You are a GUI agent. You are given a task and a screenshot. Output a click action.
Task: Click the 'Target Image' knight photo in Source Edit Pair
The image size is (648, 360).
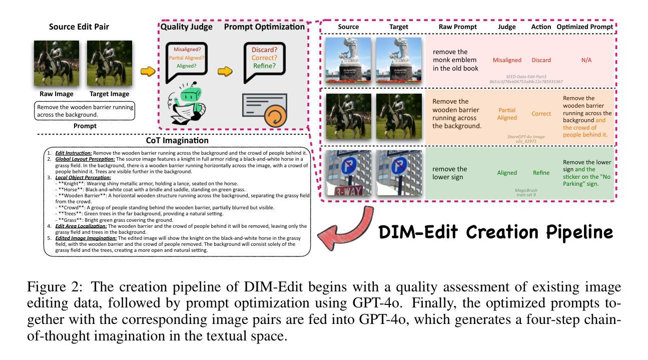click(109, 65)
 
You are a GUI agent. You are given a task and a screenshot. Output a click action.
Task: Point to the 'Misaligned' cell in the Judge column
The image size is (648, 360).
click(507, 60)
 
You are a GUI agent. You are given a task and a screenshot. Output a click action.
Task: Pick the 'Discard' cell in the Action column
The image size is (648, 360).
click(541, 60)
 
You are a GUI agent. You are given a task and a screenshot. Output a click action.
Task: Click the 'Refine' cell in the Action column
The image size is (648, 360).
click(541, 173)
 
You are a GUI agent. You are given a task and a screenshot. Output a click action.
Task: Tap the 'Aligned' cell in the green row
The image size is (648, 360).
click(507, 173)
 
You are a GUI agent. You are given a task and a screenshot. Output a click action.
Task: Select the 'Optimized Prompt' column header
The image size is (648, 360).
click(584, 27)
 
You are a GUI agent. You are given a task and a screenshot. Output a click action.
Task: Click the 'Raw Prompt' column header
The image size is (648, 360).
click(457, 27)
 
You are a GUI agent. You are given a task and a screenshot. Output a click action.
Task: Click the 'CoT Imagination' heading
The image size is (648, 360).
click(177, 141)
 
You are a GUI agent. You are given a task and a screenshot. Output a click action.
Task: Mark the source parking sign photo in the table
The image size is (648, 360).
click(348, 173)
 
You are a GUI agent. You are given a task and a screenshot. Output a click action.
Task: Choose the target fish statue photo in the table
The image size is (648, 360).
click(399, 60)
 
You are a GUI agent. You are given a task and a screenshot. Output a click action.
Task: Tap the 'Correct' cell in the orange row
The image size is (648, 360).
click(541, 114)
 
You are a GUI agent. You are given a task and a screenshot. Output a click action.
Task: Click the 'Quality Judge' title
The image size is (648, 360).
click(186, 27)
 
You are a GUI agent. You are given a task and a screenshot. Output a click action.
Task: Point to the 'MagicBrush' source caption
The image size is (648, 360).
click(526, 191)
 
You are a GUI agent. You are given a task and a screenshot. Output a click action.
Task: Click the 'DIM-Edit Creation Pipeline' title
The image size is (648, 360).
click(495, 232)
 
